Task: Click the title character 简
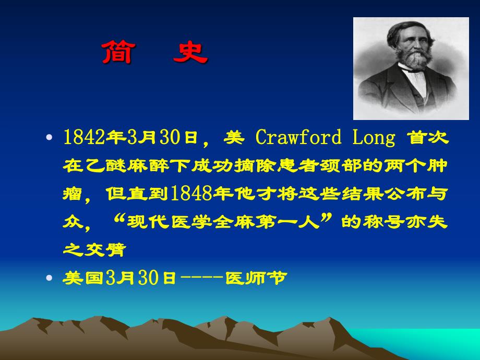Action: (117, 53)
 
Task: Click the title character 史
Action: (190, 53)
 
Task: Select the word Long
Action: (374, 138)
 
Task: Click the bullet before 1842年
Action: (50, 139)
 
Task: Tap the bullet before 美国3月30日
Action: (50, 279)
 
